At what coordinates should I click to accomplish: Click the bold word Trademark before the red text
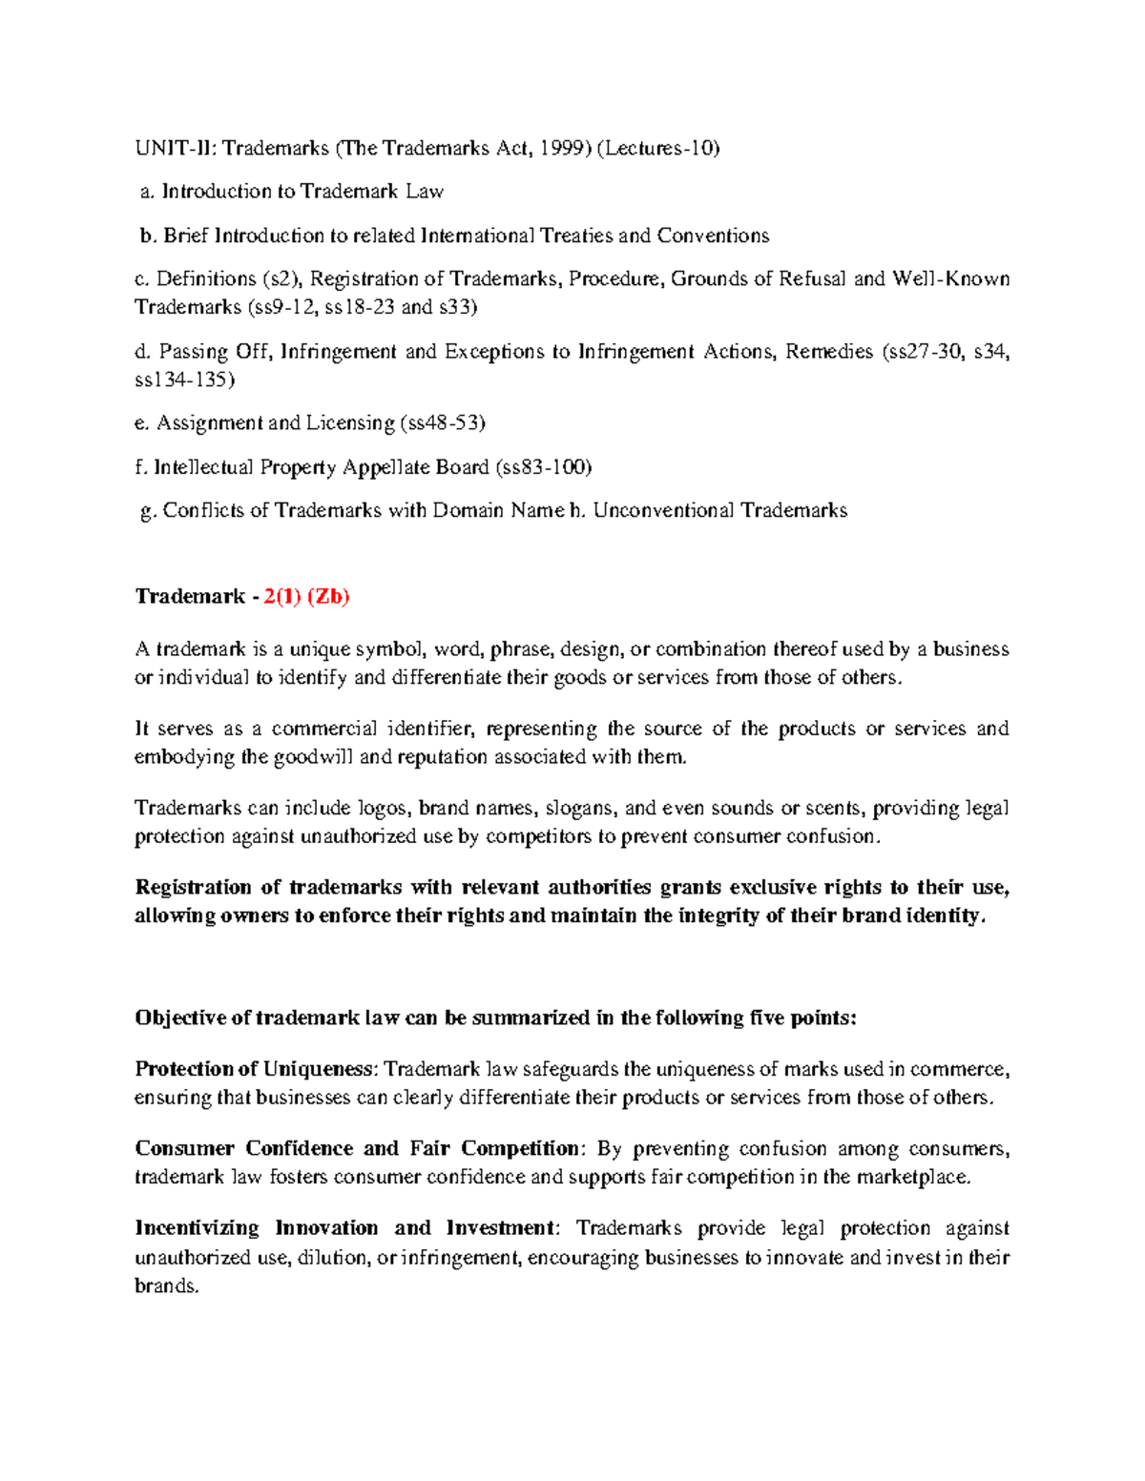tap(190, 597)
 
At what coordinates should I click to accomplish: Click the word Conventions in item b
tap(712, 236)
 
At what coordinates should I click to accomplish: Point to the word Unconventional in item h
tap(663, 511)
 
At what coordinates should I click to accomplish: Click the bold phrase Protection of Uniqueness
tap(254, 1069)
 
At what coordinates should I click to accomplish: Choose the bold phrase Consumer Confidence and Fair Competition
tap(357, 1148)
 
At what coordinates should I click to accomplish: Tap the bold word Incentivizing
tap(197, 1228)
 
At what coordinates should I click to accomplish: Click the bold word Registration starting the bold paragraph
tap(194, 888)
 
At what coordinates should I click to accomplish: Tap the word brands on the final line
tap(166, 1286)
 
